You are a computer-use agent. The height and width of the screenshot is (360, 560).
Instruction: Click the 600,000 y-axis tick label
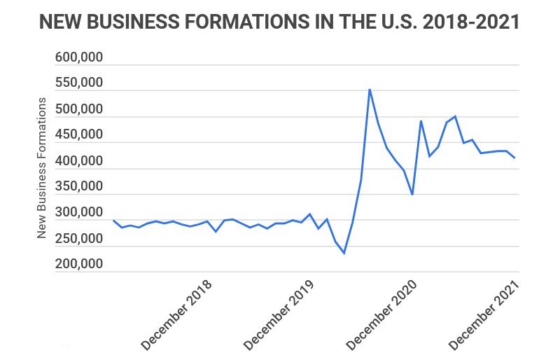click(x=79, y=57)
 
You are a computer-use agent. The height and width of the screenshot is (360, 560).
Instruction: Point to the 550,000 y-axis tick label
click(x=79, y=83)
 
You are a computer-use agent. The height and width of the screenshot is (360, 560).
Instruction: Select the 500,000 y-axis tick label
click(x=79, y=109)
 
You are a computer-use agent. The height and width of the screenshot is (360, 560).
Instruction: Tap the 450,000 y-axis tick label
click(x=79, y=135)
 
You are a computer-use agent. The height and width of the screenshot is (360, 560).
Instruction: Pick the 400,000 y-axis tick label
click(x=79, y=161)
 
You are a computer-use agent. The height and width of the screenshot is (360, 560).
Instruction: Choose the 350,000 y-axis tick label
click(x=79, y=187)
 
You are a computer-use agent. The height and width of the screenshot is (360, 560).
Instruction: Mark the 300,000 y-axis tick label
click(x=79, y=213)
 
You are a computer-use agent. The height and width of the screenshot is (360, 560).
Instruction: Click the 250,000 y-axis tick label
click(x=79, y=239)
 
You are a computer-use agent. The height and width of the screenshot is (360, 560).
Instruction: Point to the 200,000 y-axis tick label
click(x=79, y=265)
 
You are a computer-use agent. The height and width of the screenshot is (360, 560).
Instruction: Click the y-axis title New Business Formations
click(x=42, y=168)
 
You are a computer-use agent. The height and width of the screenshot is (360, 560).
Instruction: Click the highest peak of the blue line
click(x=370, y=90)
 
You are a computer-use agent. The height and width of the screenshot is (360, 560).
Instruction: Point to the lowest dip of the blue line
click(x=344, y=253)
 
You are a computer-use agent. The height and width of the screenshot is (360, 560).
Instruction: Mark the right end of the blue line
click(x=514, y=158)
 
